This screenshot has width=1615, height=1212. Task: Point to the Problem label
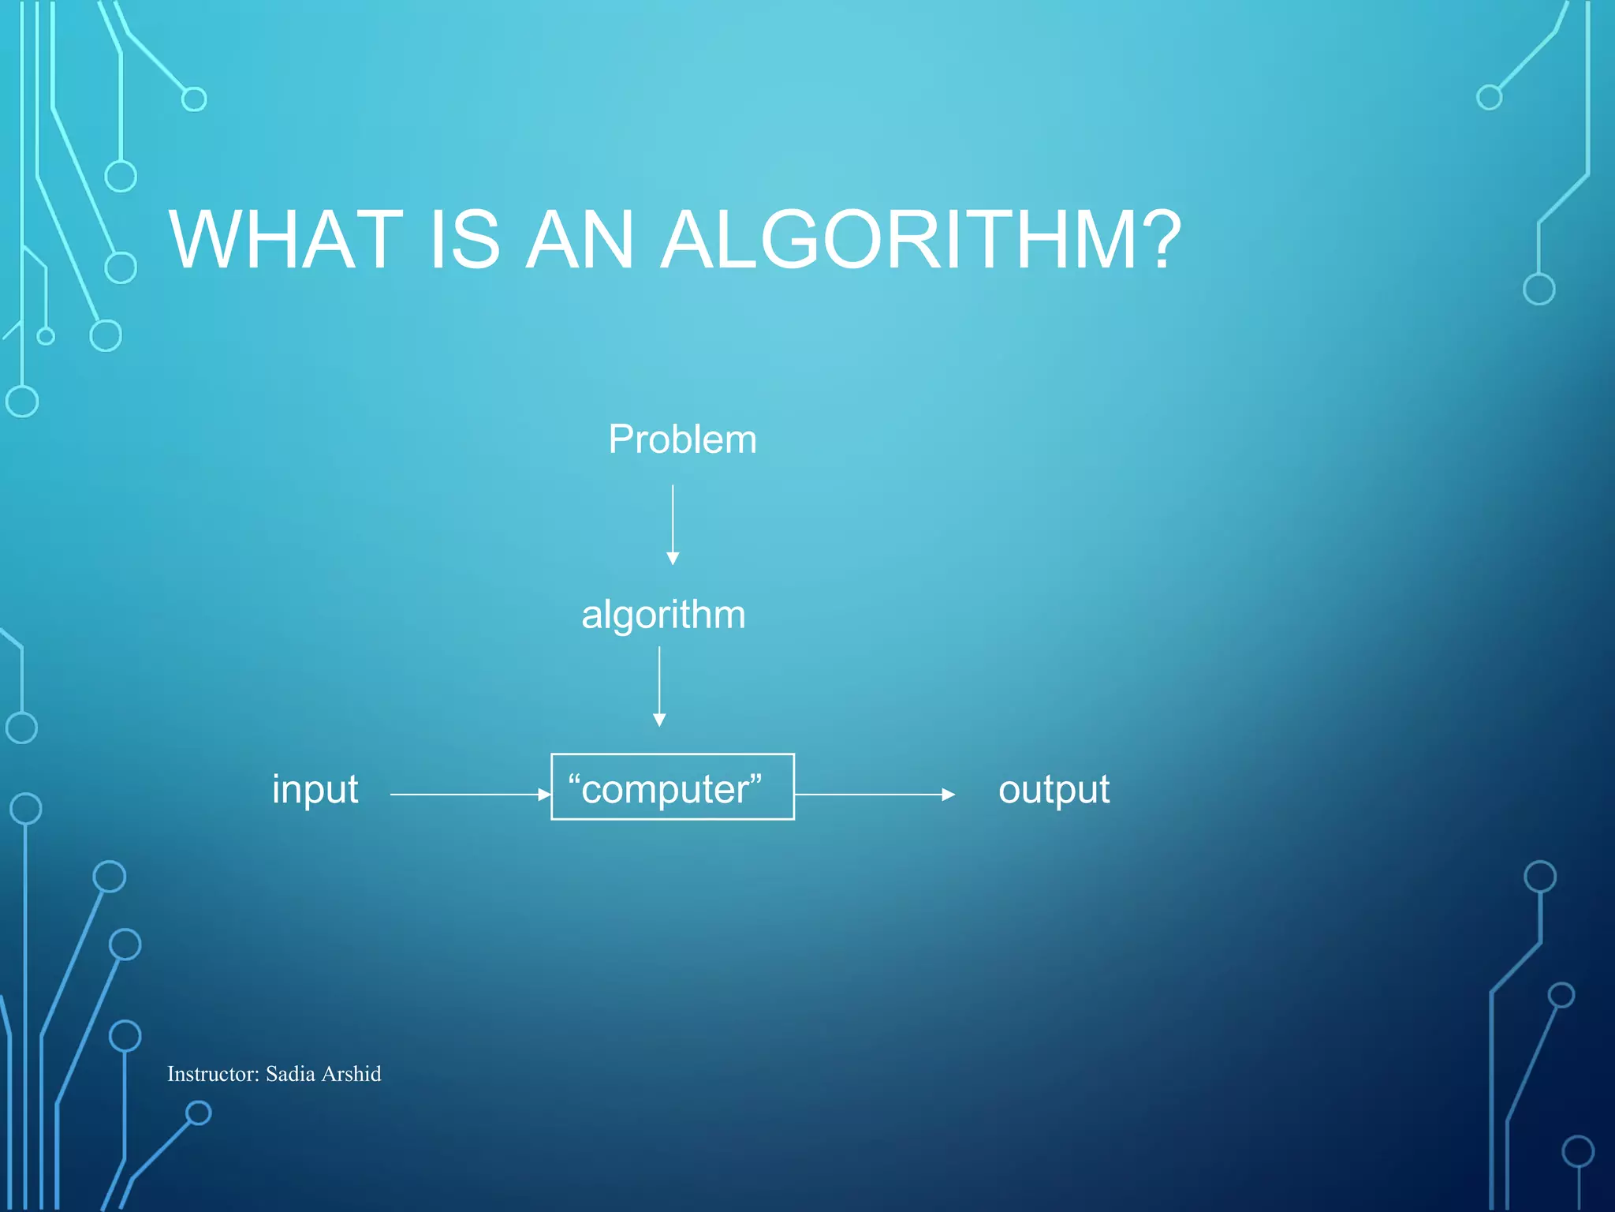tap(682, 440)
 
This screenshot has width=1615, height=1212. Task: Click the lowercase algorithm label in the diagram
tap(663, 615)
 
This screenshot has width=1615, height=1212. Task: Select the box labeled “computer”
tap(672, 787)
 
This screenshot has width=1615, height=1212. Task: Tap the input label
tap(315, 790)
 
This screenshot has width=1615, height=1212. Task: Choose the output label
tap(1054, 790)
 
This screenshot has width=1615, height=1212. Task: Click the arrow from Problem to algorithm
tap(673, 521)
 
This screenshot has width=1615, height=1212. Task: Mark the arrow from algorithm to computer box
tap(659, 683)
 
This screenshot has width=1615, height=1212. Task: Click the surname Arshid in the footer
tap(352, 1074)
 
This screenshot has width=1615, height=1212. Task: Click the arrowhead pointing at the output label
tap(949, 795)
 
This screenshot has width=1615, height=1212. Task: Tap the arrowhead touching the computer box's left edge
tap(544, 795)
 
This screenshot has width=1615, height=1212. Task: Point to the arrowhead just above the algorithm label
tap(673, 559)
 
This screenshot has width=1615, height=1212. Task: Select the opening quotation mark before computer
tap(574, 780)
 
